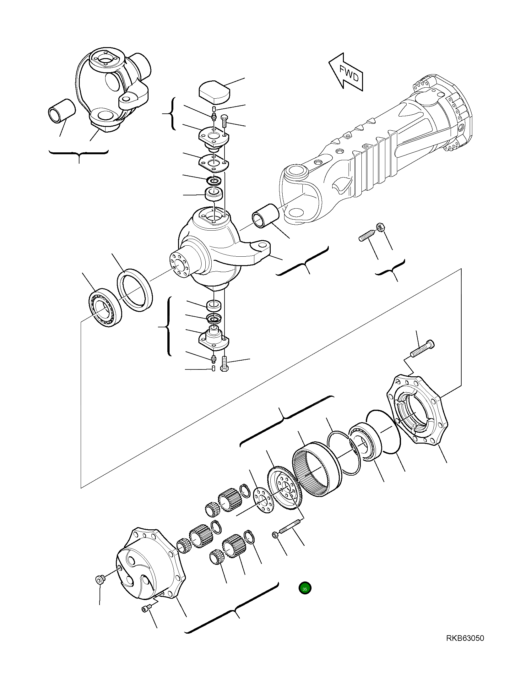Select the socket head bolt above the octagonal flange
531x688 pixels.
click(x=422, y=349)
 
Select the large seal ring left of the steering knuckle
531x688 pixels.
click(x=135, y=291)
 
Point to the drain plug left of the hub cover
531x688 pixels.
click(x=100, y=579)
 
